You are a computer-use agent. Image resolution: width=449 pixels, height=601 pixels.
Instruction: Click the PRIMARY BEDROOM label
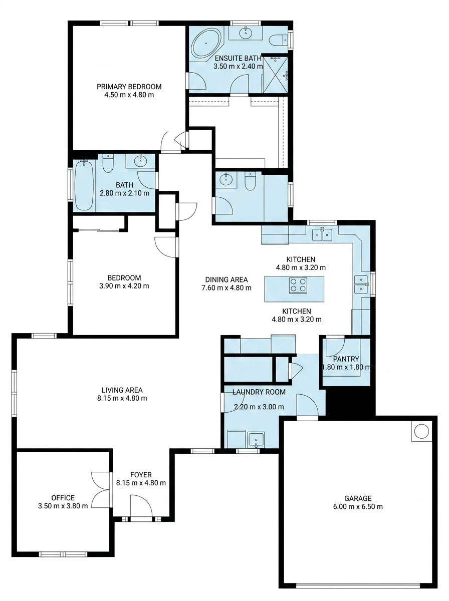[129, 87]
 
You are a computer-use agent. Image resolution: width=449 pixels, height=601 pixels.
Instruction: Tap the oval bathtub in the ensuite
[206, 43]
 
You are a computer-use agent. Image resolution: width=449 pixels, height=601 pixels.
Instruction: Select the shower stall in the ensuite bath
[275, 75]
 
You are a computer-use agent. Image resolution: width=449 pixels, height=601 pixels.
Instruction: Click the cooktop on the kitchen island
[298, 285]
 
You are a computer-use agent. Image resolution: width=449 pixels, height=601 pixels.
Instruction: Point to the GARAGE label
[358, 498]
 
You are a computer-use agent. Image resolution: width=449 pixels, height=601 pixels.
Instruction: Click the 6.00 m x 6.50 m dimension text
[358, 506]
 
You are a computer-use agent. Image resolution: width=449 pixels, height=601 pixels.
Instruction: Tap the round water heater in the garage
[421, 431]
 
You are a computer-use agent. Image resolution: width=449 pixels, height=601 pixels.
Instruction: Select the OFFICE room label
[63, 497]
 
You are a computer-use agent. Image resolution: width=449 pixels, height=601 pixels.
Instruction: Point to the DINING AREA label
[227, 279]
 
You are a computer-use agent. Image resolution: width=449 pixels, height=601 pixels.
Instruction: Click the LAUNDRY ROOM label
[259, 392]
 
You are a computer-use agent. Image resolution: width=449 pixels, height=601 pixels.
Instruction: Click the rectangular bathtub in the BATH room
[84, 185]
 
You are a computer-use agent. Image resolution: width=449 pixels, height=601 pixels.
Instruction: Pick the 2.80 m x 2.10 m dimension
[125, 193]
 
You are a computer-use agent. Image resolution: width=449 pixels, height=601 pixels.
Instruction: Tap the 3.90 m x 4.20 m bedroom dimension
[124, 286]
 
